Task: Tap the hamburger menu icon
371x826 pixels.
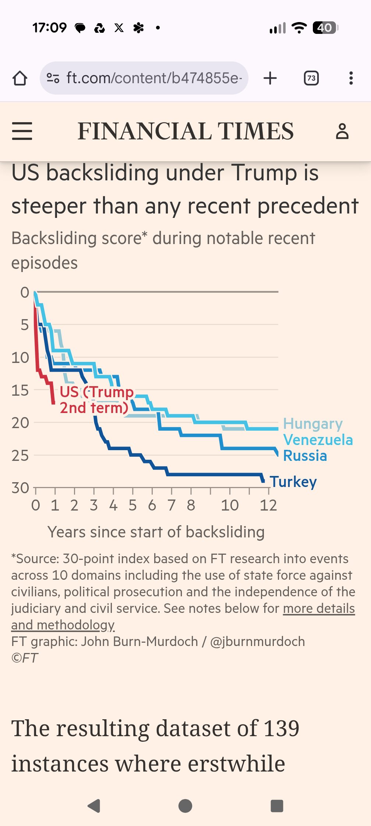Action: coord(22,131)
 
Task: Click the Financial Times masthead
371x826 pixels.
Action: coord(185,131)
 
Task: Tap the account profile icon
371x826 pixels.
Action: coord(342,131)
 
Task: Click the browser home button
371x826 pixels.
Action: coord(20,78)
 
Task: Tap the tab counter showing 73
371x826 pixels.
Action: coord(311,78)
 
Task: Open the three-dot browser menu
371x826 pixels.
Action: coord(351,78)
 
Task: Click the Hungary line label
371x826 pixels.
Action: coord(313,424)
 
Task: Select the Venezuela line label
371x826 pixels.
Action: coord(318,440)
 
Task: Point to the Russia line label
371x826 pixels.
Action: coord(305,456)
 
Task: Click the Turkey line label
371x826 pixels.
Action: coord(293,482)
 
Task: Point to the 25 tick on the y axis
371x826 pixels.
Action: coord(20,456)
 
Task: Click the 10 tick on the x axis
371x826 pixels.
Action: coord(230,505)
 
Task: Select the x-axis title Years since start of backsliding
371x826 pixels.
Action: coord(156,532)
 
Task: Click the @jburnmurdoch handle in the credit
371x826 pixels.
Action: coord(257,642)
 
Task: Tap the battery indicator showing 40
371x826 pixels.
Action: coord(325,28)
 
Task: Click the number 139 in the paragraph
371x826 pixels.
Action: coord(282,728)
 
